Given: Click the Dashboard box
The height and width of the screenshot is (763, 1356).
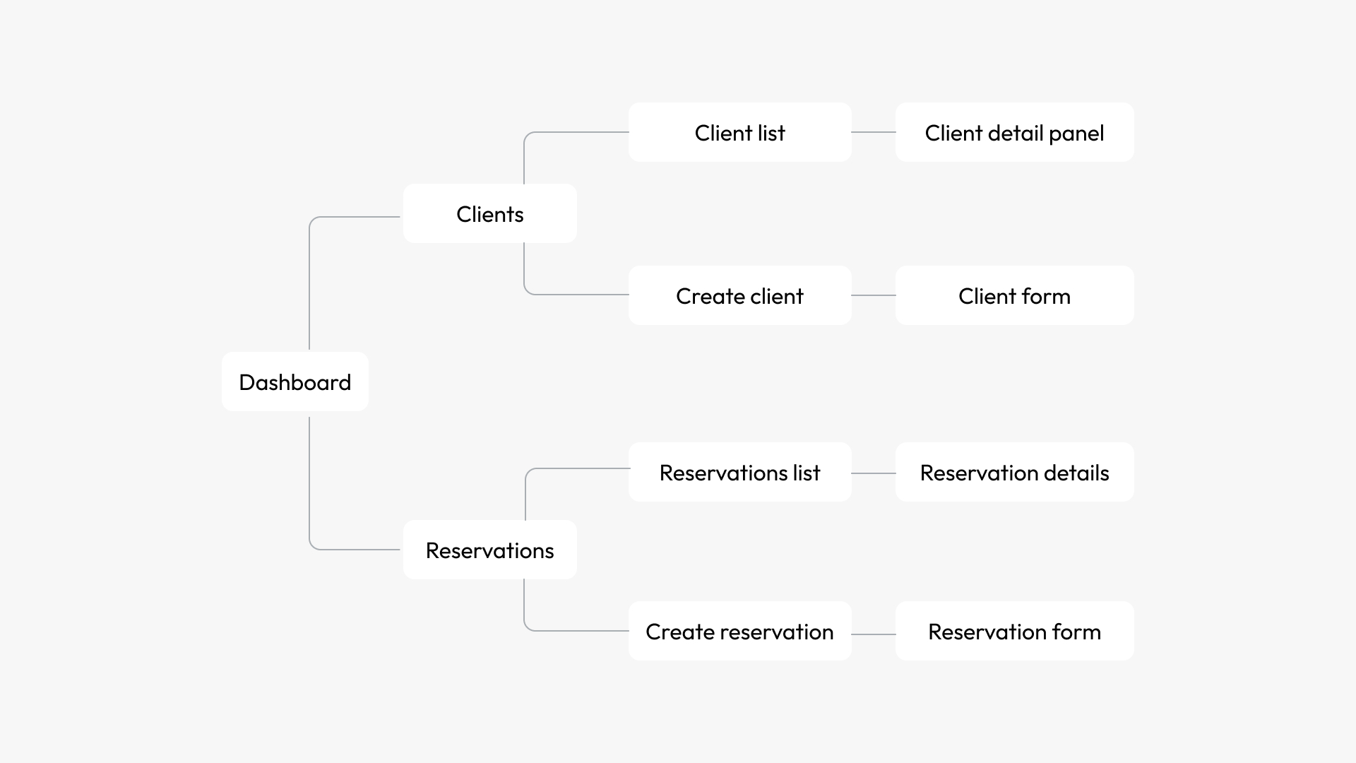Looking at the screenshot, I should click(295, 381).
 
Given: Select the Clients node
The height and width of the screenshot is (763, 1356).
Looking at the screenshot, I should click(489, 213).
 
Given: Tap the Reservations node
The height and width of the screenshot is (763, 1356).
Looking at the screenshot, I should click(489, 550).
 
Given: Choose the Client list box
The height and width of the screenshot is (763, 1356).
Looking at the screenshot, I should click(739, 132).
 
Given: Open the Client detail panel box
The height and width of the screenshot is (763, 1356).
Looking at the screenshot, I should click(1014, 132).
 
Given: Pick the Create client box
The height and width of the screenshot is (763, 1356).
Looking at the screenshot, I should click(739, 295).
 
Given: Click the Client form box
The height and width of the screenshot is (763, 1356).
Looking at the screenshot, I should click(1014, 295).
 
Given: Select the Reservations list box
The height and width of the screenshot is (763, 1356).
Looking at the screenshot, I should click(739, 472).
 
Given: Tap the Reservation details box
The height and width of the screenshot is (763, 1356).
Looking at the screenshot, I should click(1014, 472).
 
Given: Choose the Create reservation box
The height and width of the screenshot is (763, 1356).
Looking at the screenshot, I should click(739, 631).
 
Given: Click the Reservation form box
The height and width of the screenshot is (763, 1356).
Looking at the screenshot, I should click(1014, 631).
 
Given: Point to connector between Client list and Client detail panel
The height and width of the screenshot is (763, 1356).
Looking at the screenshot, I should click(874, 132).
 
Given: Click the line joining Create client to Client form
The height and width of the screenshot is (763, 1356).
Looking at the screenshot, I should click(874, 295).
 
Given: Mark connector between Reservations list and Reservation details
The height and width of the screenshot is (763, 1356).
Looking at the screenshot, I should click(874, 473).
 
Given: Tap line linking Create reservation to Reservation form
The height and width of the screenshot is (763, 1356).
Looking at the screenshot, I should click(874, 634).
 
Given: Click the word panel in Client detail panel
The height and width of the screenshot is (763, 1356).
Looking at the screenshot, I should click(1076, 134).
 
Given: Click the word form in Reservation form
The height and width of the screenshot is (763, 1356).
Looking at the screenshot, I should click(1076, 632).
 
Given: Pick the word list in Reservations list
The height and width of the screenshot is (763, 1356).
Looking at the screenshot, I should click(806, 473).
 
